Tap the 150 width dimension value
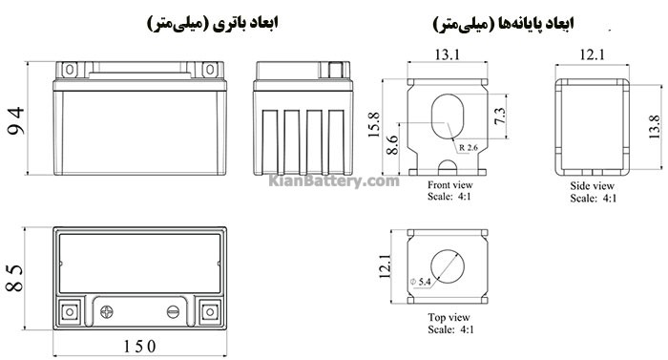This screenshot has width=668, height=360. coord(139,347)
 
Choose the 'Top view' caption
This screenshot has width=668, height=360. coord(449,317)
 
